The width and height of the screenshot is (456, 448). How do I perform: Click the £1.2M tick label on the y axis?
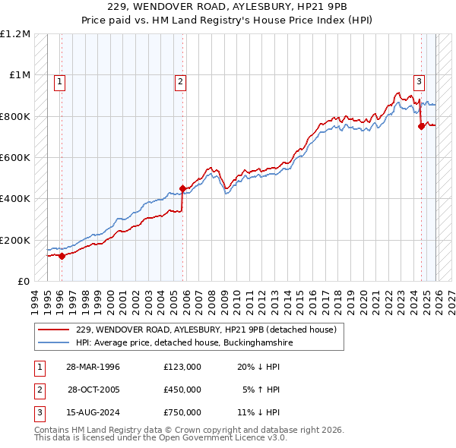coord(16,34)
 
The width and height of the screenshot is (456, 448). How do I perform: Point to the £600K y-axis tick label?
coord(15,158)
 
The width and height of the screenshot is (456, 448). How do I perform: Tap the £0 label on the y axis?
coord(23,282)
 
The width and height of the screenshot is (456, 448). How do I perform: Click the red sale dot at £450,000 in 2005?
coord(182,188)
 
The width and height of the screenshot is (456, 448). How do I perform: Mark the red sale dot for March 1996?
coord(62,256)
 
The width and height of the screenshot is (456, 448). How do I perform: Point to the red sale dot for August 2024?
coord(420,127)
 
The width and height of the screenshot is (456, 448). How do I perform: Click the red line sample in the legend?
coord(54,330)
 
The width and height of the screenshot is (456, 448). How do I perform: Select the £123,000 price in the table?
coord(182,367)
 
